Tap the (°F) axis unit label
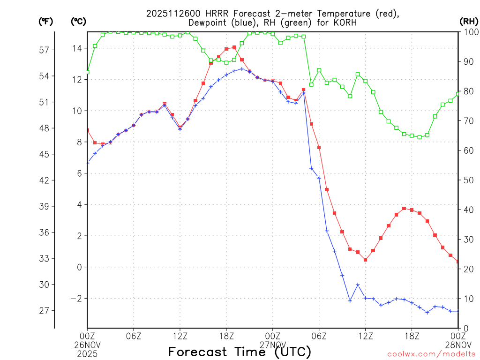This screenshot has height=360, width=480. [x=45, y=21]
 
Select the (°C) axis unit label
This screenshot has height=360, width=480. [x=78, y=21]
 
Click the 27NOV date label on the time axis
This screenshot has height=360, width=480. [x=273, y=344]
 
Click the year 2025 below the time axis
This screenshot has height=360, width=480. [x=87, y=352]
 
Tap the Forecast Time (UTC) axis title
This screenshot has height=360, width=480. [x=240, y=352]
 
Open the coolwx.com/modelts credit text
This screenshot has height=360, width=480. [x=431, y=354]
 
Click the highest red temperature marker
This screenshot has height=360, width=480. [x=234, y=47]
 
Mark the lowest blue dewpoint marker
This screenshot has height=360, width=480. [x=427, y=312]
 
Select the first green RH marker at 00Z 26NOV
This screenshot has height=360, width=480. [x=87, y=72]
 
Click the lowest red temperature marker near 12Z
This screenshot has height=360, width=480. [x=365, y=260]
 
